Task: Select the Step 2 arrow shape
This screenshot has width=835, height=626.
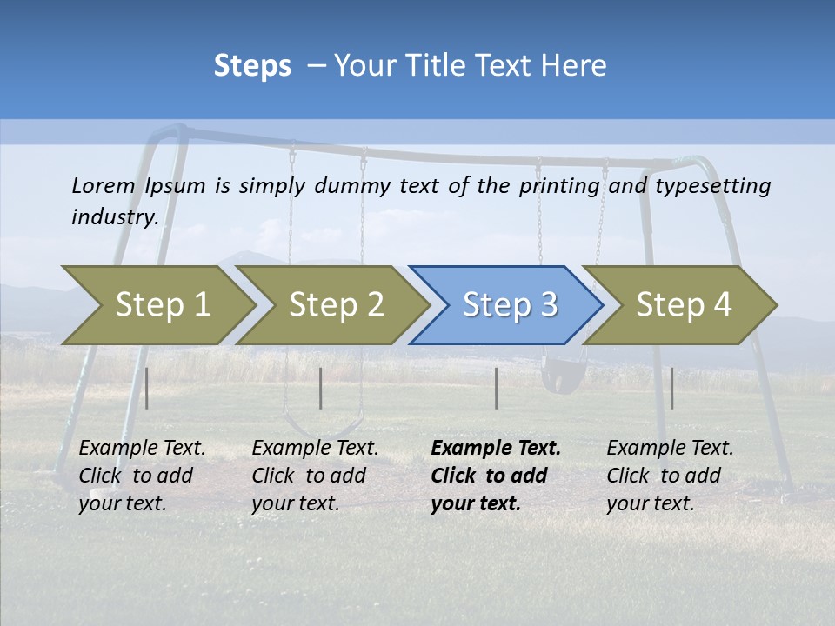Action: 335,305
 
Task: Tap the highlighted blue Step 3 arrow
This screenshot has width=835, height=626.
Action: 509,305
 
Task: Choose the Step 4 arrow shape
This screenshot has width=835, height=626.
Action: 683,305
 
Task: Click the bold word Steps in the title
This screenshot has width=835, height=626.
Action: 252,65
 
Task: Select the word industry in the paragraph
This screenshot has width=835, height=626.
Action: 114,216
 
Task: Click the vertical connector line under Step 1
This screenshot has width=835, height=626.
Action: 147,388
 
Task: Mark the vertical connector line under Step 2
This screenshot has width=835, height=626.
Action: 321,388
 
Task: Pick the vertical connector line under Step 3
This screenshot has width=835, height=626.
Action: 496,388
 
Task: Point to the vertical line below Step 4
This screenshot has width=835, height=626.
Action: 671,388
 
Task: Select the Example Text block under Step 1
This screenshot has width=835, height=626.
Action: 142,476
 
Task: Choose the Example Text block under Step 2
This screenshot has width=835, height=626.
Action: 315,476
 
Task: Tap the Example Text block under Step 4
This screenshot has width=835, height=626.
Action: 670,476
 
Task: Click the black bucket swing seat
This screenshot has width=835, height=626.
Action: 558,379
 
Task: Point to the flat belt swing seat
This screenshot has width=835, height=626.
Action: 324,428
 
